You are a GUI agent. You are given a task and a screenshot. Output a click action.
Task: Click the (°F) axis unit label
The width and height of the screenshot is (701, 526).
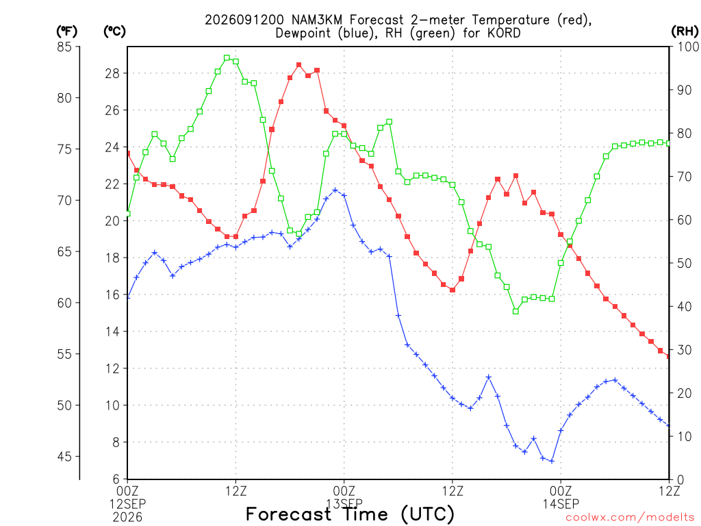[x=66, y=32]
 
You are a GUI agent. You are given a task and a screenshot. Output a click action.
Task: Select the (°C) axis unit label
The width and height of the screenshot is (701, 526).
[x=114, y=32]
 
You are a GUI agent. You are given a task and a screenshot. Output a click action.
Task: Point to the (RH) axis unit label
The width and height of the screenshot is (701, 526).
[x=685, y=32]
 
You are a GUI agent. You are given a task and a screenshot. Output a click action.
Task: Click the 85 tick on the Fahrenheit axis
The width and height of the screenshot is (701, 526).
[x=64, y=47]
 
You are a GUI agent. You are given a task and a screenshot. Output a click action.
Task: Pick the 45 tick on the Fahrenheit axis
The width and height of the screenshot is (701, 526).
[x=64, y=457]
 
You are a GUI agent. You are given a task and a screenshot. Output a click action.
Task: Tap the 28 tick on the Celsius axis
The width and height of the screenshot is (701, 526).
[x=112, y=73]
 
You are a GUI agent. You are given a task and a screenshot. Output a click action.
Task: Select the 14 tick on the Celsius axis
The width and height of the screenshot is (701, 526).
[x=112, y=331]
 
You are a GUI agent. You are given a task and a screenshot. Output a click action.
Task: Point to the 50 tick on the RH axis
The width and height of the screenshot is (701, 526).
[x=685, y=263]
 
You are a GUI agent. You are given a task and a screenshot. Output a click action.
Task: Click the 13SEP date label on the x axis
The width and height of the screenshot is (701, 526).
[x=344, y=503]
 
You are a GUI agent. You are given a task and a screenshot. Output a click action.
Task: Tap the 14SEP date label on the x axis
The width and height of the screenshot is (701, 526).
[x=561, y=503]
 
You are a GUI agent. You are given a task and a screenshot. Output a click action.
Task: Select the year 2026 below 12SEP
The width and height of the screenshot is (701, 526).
[x=127, y=517]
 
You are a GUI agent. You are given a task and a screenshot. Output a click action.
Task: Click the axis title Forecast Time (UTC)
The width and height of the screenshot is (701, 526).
[x=350, y=514]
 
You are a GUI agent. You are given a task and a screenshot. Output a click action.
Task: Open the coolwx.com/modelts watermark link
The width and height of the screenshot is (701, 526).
[x=630, y=517]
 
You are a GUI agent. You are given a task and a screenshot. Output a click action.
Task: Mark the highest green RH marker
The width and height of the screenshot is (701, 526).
[x=227, y=58]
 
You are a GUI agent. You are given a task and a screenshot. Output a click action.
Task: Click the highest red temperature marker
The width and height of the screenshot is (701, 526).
[x=299, y=65]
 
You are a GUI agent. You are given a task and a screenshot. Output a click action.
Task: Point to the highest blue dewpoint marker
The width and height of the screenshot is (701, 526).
[x=335, y=190]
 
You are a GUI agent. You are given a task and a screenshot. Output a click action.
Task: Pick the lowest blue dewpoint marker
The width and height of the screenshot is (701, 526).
[x=552, y=461]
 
